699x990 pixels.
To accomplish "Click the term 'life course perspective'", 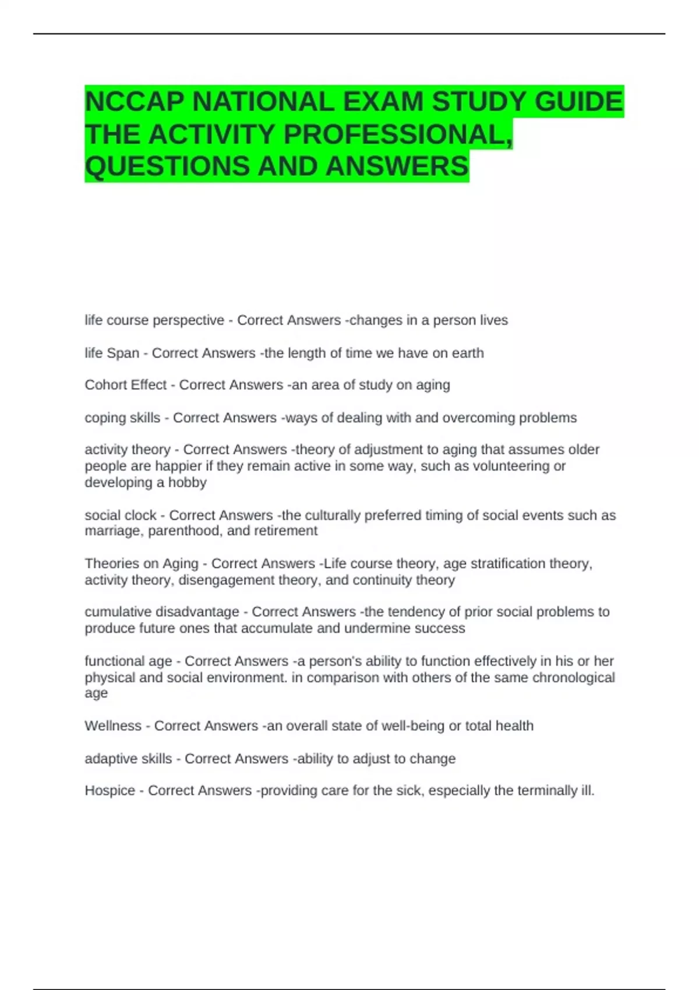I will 154,320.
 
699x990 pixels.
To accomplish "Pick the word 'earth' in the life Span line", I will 467,353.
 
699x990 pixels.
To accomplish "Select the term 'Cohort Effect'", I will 126,385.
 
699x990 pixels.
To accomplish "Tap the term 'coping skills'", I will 122,418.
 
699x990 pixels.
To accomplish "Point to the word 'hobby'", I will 187,482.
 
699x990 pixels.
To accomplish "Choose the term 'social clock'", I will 121,515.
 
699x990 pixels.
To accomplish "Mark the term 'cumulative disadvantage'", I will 162,612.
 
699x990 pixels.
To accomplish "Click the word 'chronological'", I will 573,677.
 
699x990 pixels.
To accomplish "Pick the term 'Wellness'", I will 113,726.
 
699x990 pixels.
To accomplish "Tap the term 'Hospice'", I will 110,791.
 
